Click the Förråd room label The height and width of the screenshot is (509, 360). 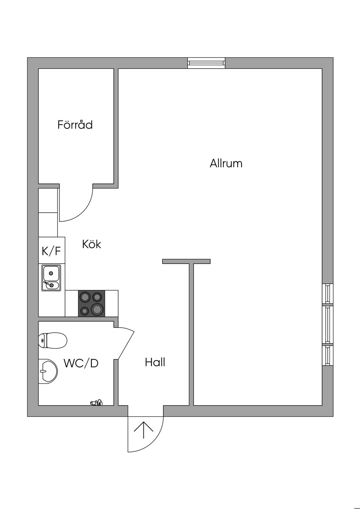coord(75,125)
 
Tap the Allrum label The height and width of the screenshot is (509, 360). coord(226,163)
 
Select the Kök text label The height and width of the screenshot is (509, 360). coord(91,244)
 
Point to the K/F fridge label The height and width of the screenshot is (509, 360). coord(51,251)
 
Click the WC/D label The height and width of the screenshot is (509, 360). coord(81,363)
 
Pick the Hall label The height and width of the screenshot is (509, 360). coord(155,362)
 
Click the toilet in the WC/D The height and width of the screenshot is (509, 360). coord(53,340)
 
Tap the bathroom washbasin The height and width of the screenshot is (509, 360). coord(48,371)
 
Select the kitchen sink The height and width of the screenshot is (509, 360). coord(51,278)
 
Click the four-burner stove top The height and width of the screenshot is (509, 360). coord(91,303)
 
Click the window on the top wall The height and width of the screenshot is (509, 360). coord(206,63)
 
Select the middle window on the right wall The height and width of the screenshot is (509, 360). coord(328,324)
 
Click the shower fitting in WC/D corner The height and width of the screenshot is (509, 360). coord(96,402)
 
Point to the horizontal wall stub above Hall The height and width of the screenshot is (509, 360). coord(186,261)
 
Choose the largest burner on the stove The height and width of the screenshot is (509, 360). coord(97,309)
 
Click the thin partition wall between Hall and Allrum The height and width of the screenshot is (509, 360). coord(191,334)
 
